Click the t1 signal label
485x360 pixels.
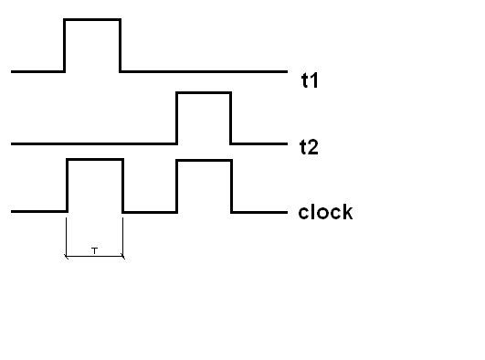point(309,79)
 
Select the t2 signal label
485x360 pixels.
point(309,146)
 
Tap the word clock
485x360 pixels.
point(325,213)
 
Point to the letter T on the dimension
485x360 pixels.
point(94,249)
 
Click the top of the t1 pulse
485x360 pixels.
point(91,19)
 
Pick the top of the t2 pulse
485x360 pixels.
point(203,92)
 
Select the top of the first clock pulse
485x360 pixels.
point(94,160)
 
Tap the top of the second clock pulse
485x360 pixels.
point(203,160)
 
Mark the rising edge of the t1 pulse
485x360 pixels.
point(64,45)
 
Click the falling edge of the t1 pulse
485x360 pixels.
point(120,45)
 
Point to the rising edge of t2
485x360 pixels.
point(176,118)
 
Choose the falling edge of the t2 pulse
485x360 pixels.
point(230,118)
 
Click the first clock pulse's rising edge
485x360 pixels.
point(67,185)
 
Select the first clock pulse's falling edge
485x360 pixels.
point(122,185)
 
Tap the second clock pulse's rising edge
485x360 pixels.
point(176,185)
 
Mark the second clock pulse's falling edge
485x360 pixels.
point(232,185)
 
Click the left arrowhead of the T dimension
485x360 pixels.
point(67,257)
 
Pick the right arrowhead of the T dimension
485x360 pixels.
point(121,257)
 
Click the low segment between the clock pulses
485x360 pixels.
point(149,212)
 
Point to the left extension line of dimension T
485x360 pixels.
point(66,236)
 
